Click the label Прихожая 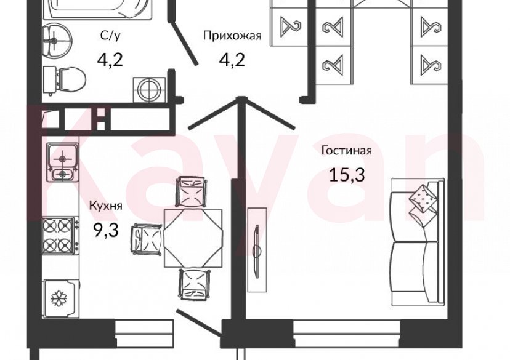click(x=233, y=36)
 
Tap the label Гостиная click(x=346, y=151)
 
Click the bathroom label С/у click(x=111, y=36)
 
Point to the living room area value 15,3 click(x=346, y=175)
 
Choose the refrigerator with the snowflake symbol click(x=60, y=298)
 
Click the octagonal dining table click(x=193, y=236)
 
